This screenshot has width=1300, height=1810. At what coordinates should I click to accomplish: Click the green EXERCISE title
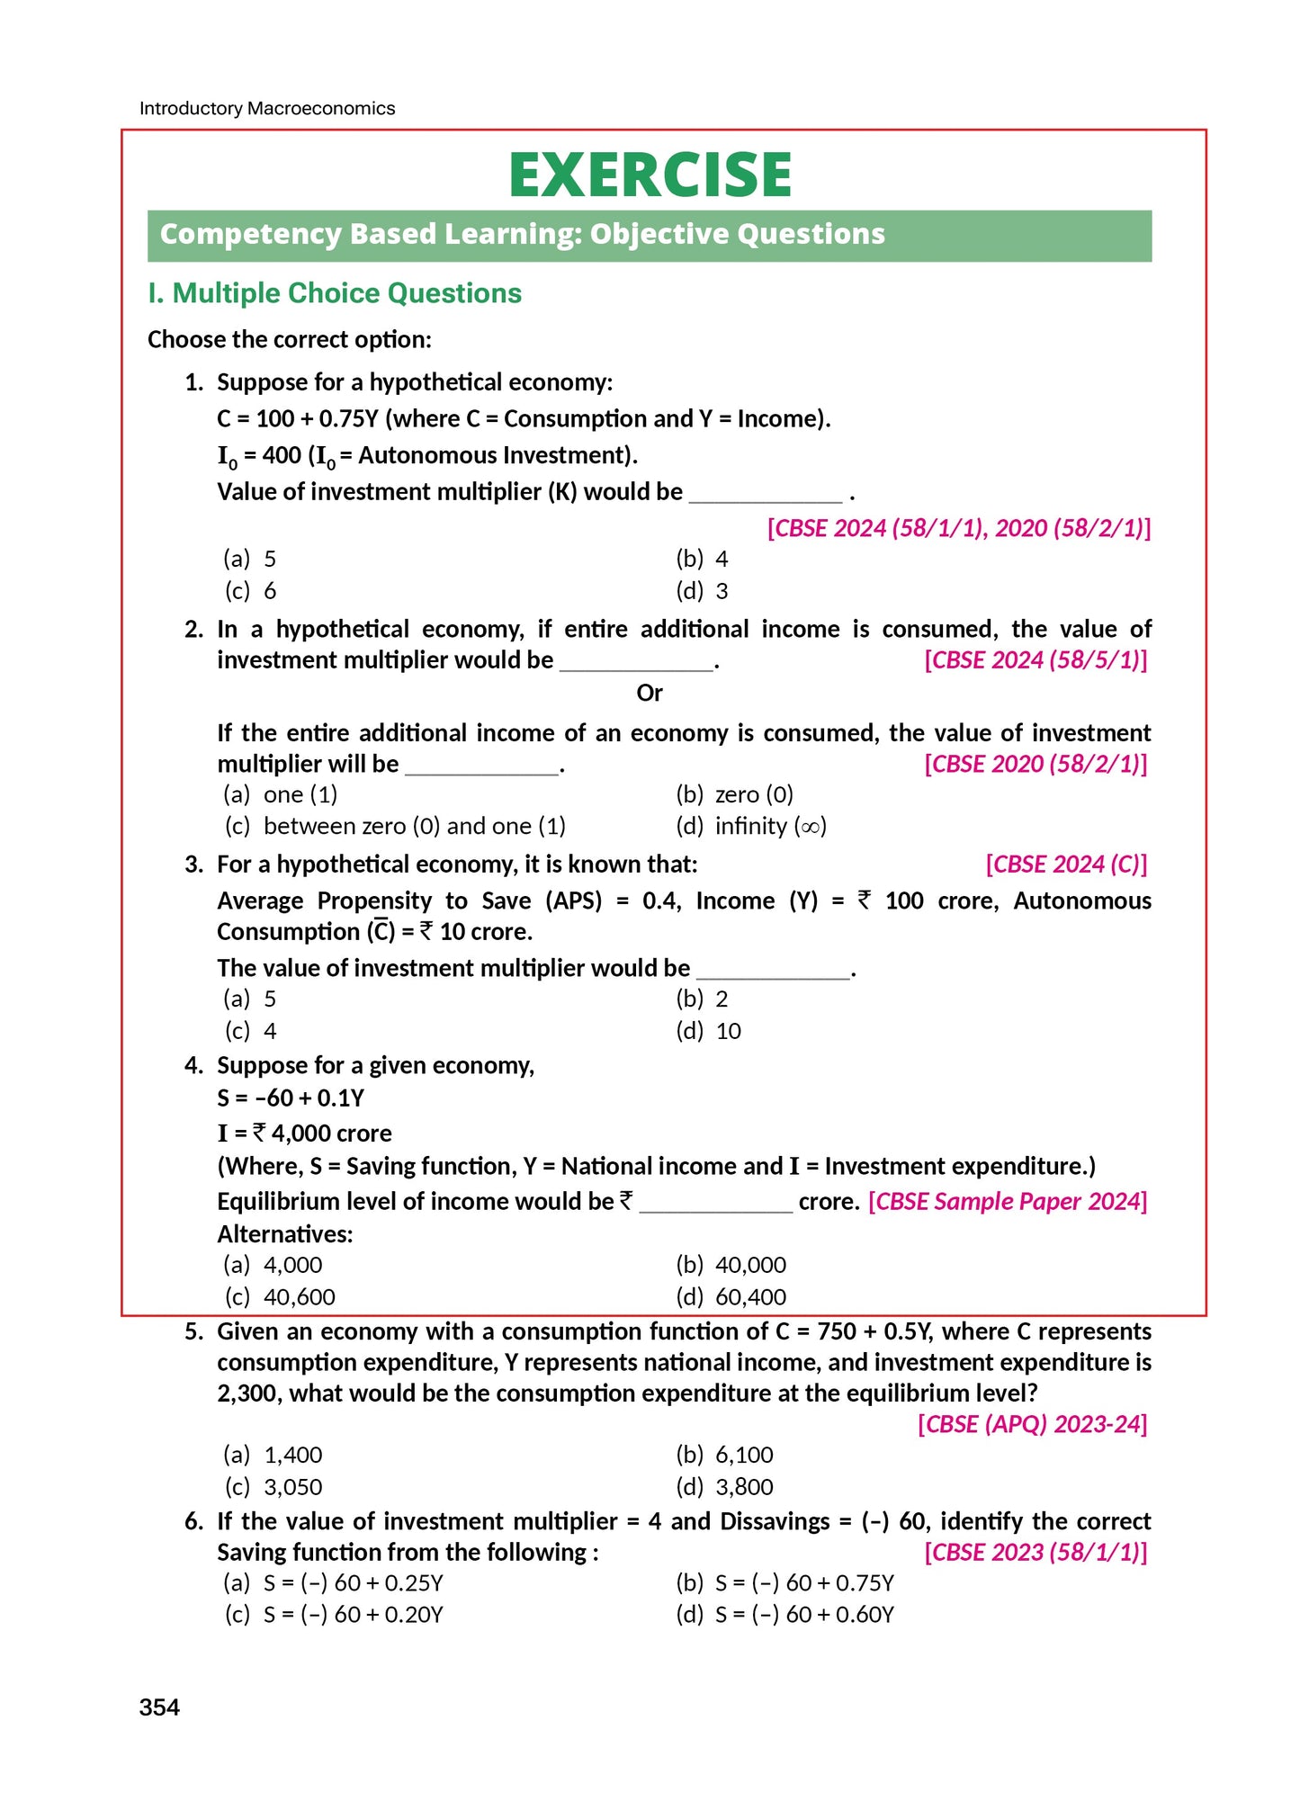(650, 175)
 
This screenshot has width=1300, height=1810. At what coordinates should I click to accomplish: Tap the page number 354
(159, 1707)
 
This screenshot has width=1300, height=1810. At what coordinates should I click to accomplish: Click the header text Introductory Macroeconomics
(267, 109)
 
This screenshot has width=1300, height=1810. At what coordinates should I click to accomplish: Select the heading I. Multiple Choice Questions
(335, 293)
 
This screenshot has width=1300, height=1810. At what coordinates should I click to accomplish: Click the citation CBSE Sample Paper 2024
(1008, 1202)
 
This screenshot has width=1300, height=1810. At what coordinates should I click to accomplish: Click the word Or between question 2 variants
(649, 693)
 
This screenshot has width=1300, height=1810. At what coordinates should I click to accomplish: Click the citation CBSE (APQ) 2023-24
(1032, 1424)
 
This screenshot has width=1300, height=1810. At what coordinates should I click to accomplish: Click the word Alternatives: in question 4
(284, 1234)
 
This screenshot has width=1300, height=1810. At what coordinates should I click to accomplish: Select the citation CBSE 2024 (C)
(1066, 865)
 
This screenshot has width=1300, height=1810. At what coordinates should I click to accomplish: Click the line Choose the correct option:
(289, 340)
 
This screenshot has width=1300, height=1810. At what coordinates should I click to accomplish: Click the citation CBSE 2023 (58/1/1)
(1036, 1553)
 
